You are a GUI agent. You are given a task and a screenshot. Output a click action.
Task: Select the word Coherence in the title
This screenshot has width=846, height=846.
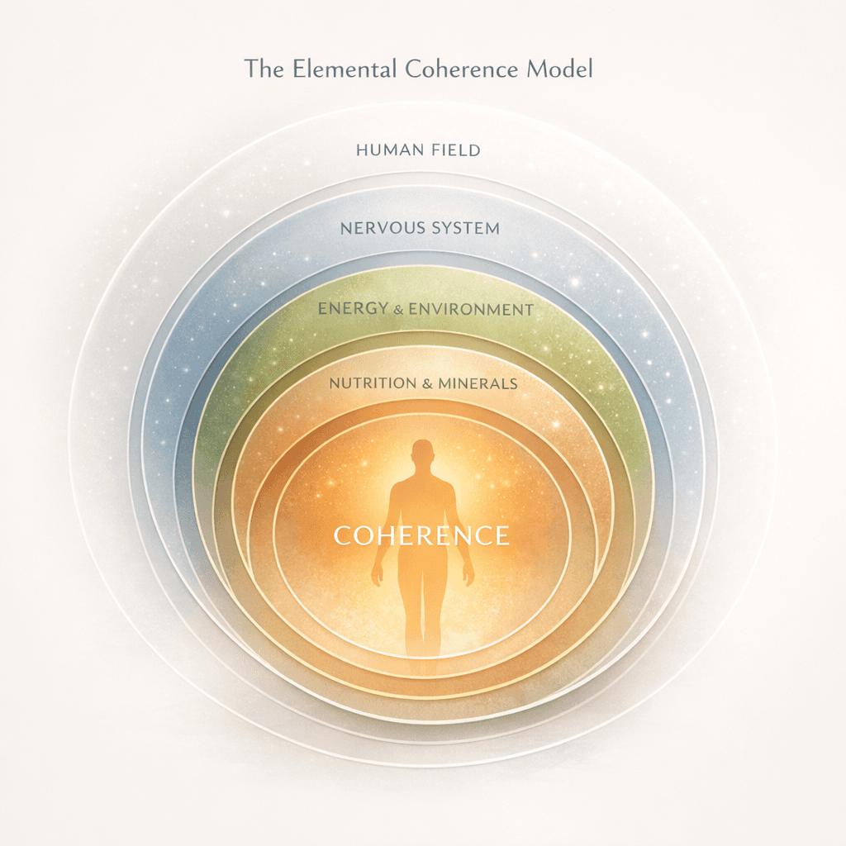coord(453,69)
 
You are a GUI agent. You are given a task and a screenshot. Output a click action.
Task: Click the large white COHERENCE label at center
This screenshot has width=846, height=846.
coord(421,535)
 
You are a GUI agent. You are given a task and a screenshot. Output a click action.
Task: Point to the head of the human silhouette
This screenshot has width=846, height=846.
coord(422,454)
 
